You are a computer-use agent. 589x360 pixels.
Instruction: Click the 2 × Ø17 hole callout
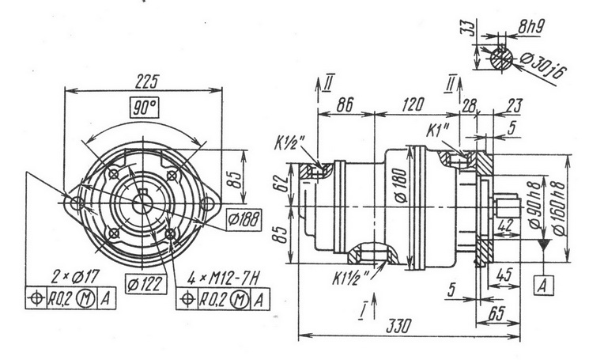74,278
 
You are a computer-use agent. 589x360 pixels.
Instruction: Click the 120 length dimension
413,102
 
